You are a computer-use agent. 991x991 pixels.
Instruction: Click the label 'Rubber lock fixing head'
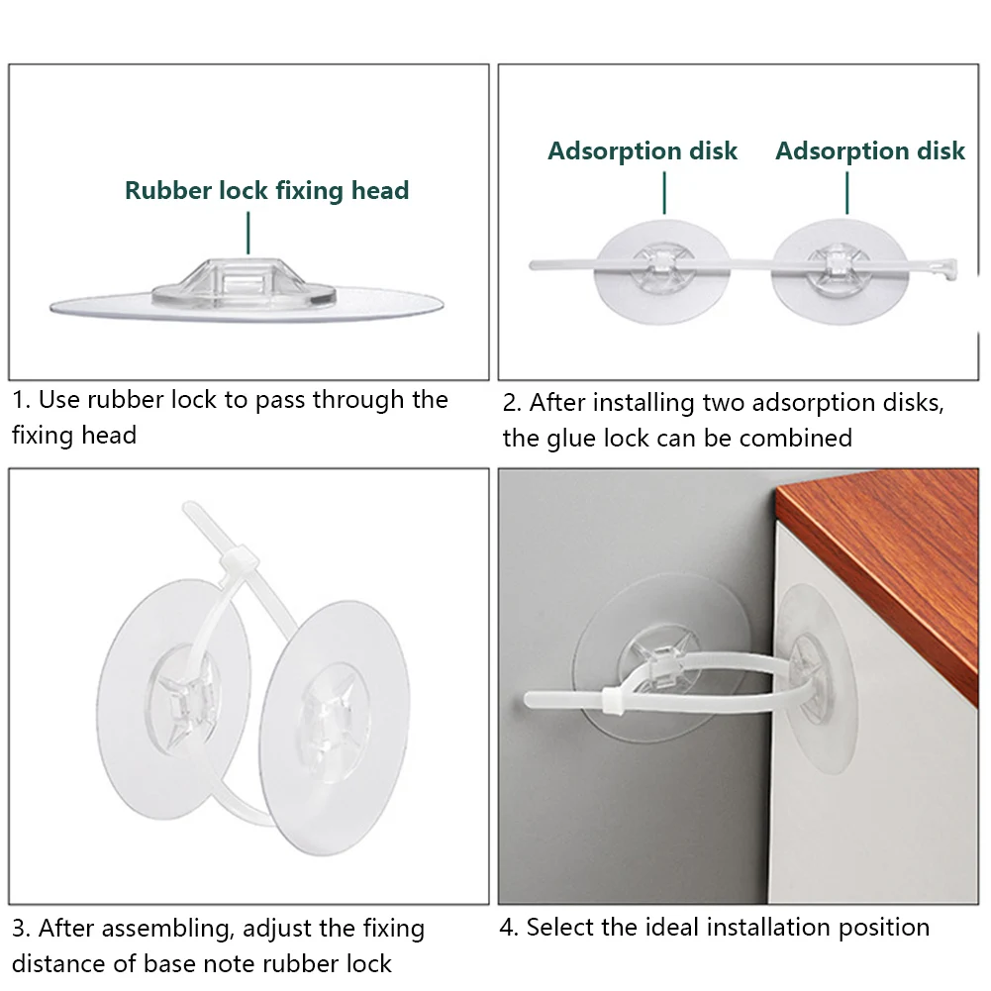tap(266, 191)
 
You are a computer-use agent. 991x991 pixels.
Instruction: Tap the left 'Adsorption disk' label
tap(643, 151)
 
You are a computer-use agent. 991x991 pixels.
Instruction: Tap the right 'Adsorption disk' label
tap(870, 151)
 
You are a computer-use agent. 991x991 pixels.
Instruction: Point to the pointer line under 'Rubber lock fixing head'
tap(248, 233)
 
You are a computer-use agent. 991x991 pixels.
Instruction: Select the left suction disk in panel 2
tap(662, 272)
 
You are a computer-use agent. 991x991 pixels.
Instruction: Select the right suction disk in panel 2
tap(840, 272)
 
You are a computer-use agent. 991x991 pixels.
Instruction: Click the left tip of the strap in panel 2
tap(533, 265)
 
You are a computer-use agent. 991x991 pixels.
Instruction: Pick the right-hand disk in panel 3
tap(335, 728)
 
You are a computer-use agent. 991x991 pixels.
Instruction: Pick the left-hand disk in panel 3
tap(174, 699)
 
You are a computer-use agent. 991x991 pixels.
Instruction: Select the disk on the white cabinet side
tap(816, 678)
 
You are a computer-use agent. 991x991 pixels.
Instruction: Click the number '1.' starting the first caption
tap(22, 400)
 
